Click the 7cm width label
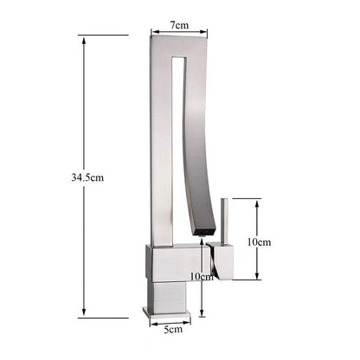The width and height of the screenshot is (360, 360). point(179,25)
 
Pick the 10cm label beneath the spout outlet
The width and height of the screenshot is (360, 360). point(200,277)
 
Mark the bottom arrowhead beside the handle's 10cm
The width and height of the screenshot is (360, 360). point(258,278)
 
